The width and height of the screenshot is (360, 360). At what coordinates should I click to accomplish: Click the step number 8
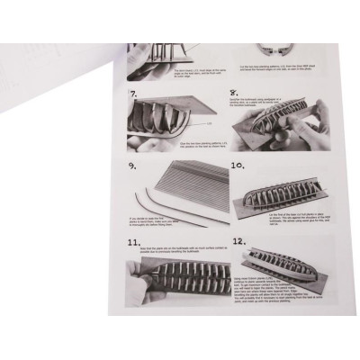coord(233,91)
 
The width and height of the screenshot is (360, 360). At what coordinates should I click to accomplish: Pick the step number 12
coord(238,242)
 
